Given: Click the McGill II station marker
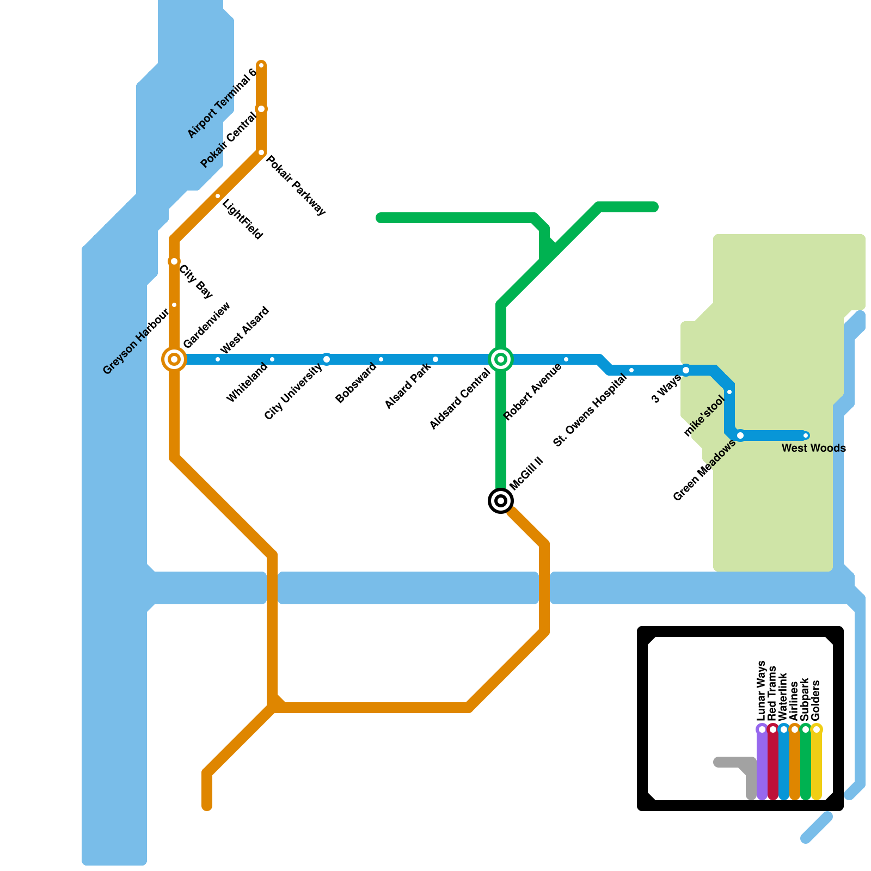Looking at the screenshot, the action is (x=501, y=501).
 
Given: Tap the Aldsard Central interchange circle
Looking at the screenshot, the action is (x=501, y=359).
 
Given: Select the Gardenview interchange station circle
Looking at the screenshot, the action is (x=174, y=359).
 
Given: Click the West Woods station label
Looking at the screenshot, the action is (x=813, y=449).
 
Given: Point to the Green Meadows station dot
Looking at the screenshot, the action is (x=740, y=436).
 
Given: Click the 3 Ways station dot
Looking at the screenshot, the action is (x=686, y=370).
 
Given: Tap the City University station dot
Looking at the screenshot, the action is (x=327, y=359).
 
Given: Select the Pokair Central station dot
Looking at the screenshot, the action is (x=261, y=109).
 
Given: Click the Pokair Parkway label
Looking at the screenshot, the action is (x=296, y=186).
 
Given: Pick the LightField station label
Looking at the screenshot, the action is (x=243, y=220).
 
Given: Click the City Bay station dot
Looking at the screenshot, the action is (x=174, y=261).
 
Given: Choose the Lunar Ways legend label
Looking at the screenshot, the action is (x=762, y=691).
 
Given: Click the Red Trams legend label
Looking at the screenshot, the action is (x=772, y=694).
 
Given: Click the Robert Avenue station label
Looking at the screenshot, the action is (x=532, y=392).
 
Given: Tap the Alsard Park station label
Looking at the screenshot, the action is (x=408, y=386).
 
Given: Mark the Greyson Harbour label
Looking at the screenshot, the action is (x=136, y=342).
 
